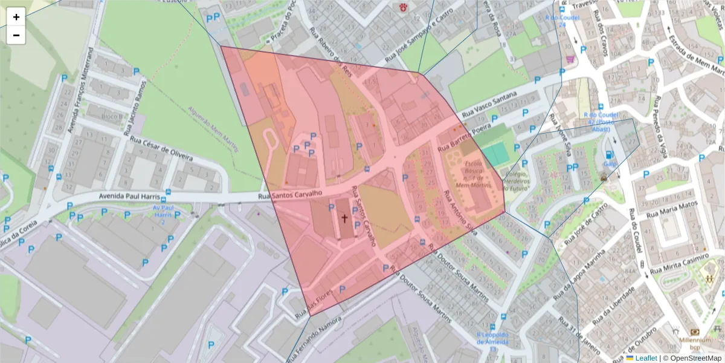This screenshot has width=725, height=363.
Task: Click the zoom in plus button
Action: [x=16, y=17]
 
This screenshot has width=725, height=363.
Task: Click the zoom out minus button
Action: [x=16, y=35]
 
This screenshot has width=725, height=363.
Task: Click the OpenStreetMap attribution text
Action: [x=692, y=358]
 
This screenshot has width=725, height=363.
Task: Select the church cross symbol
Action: [x=344, y=218]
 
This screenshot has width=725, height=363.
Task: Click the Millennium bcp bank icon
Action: [x=695, y=332]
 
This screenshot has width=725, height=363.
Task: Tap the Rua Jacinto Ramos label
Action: [x=135, y=106]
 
